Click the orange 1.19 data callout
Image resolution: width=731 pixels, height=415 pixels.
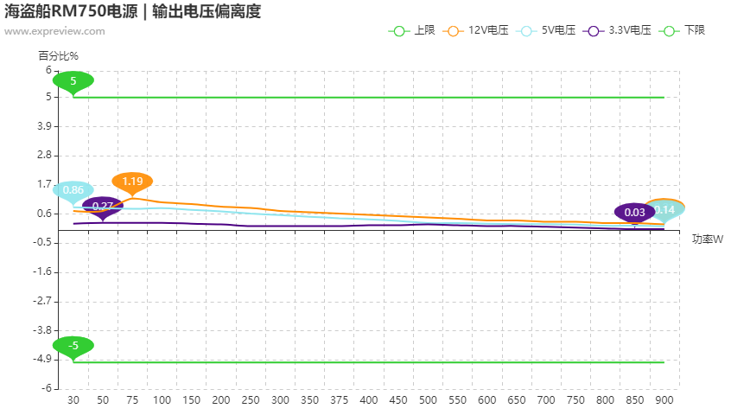pos(132,182)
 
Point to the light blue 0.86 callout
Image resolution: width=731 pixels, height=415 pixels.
pos(73,190)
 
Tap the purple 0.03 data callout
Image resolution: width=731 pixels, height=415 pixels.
pos(634,212)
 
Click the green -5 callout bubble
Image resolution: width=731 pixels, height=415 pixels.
pos(73,345)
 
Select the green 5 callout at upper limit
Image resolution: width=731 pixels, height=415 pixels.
pos(73,81)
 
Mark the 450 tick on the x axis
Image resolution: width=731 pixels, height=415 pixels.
pos(398,400)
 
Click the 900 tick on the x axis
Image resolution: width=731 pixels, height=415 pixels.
pos(664,400)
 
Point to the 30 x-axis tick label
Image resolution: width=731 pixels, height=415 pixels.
pos(73,400)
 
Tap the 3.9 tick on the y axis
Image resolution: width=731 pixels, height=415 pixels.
pos(45,126)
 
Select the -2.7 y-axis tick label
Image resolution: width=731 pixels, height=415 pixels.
pos(42,301)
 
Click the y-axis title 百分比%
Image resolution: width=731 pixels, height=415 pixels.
pos(58,55)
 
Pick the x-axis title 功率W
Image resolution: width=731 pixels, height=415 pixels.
pos(707,239)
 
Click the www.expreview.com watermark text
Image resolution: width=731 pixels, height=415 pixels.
pos(54,32)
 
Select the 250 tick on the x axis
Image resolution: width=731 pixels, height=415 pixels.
pos(251,400)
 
